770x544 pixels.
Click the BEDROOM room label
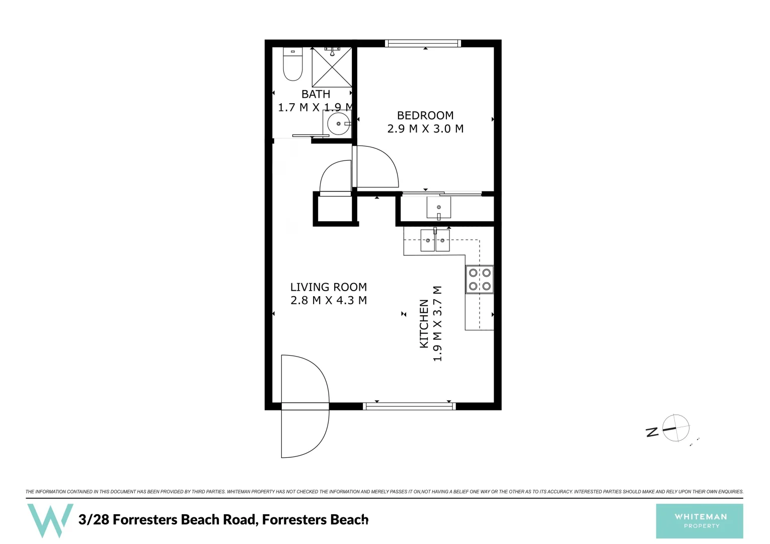pos(425,115)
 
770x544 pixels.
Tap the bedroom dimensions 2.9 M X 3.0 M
pos(425,129)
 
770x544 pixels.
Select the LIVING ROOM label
pos(328,287)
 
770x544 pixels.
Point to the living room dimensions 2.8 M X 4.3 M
pos(328,301)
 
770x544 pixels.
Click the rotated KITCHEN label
pos(424,323)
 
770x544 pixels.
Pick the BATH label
pos(316,94)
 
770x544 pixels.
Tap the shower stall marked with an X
pos(332,67)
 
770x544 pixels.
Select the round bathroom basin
pos(338,123)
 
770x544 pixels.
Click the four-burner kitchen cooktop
pos(479,280)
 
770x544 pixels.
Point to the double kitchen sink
pos(435,241)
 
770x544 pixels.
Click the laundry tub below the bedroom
pos(438,207)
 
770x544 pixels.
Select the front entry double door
pos(304,406)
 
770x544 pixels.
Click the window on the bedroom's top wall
pos(423,43)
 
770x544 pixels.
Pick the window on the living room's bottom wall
pos(409,406)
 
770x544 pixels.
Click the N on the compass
pos(652,432)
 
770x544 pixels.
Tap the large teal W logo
pos(50,520)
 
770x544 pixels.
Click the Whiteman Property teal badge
pos(699,521)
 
